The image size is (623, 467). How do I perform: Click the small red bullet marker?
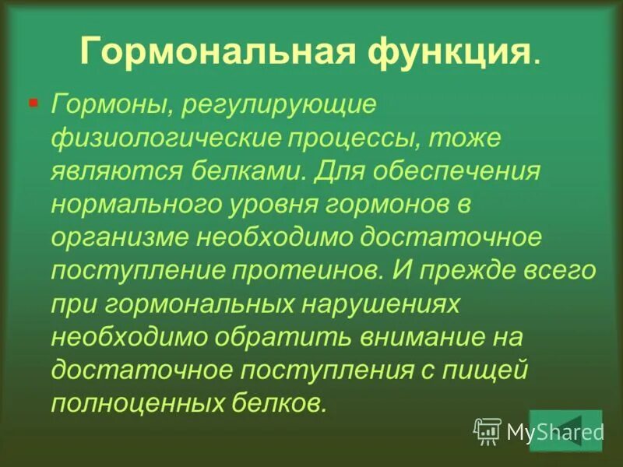(33, 102)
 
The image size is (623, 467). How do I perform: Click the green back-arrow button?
(554, 430)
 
